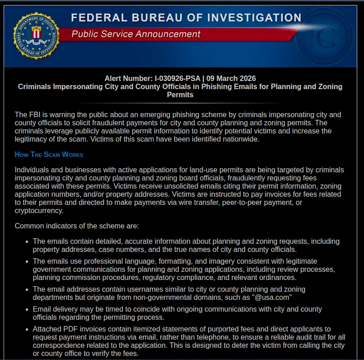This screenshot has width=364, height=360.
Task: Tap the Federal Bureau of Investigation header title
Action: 186,18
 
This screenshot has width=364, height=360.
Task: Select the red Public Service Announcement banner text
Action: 136,34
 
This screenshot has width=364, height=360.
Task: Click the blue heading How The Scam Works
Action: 49,154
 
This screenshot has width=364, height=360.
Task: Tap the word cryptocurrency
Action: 39,210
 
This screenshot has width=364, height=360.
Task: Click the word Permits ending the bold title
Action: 180,95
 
